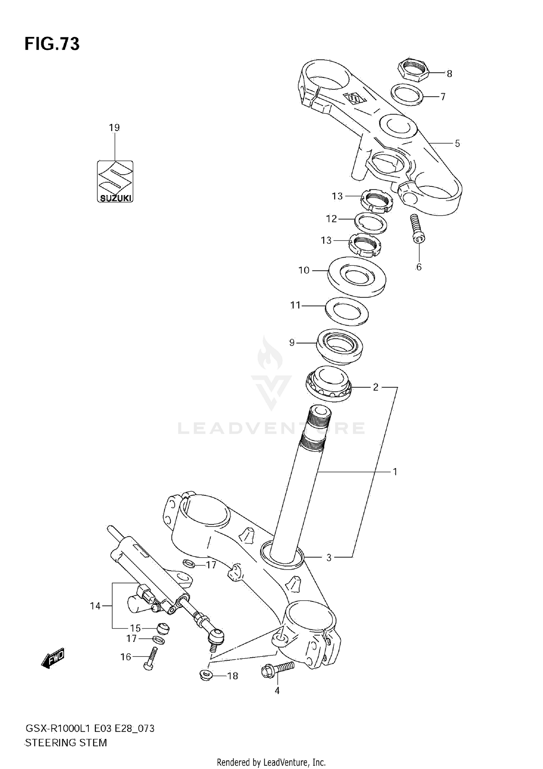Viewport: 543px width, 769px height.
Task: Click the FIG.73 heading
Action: tap(52, 44)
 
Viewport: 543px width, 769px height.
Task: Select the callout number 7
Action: tap(442, 97)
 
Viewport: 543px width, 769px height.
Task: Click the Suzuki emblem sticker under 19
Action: tap(115, 181)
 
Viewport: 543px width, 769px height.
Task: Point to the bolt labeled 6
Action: tap(417, 228)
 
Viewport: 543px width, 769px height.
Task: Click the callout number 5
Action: tap(457, 144)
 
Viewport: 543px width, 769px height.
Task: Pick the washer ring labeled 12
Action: tap(371, 223)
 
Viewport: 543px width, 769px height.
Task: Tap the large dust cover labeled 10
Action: tap(357, 277)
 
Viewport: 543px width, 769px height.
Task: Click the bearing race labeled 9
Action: tap(340, 345)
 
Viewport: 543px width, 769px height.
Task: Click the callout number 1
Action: tap(395, 472)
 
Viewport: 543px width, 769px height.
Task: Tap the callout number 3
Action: tap(329, 558)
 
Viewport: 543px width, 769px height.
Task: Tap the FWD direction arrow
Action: tap(53, 658)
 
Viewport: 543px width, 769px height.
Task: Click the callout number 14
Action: tap(95, 606)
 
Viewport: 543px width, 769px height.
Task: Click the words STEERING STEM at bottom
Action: tap(66, 743)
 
